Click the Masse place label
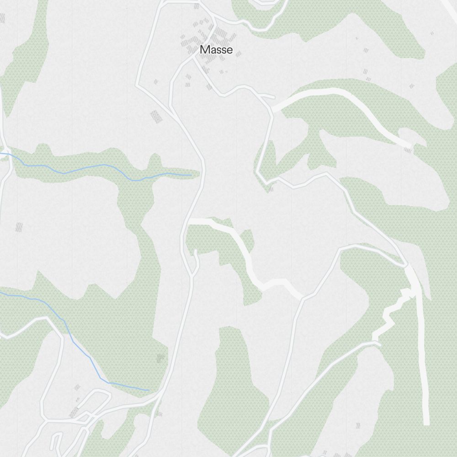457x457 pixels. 216,50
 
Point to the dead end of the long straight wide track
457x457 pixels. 426,423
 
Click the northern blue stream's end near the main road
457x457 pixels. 191,175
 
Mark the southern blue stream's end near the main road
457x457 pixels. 149,390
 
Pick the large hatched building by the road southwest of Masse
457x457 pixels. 157,116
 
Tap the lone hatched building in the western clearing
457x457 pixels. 19,227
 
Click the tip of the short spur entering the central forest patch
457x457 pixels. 195,251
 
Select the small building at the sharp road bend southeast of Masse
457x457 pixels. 270,189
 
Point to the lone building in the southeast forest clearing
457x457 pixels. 358,425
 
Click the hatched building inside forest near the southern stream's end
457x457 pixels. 160,358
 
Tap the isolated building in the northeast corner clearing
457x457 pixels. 432,33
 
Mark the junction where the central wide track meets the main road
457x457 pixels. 189,221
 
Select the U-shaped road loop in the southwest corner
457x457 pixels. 56,441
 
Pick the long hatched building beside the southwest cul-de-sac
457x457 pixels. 74,412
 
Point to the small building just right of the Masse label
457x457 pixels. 238,54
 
